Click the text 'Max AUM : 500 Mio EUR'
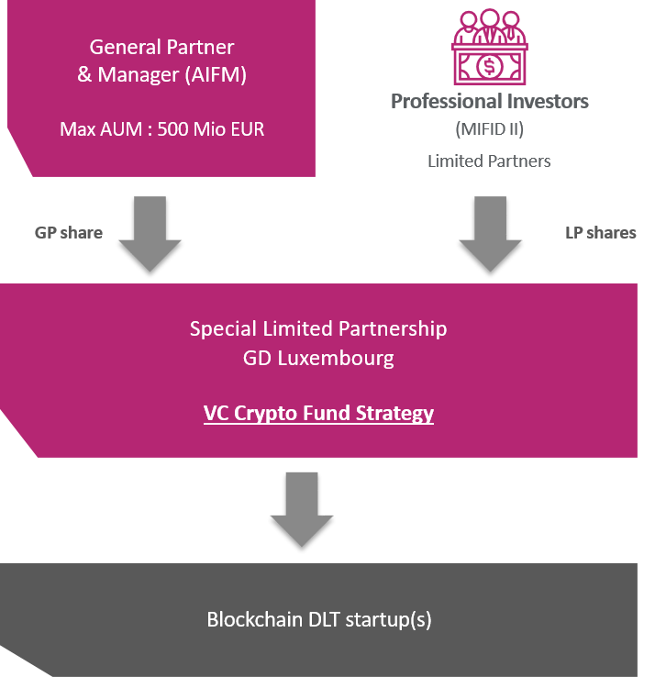(x=161, y=129)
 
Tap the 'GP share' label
(x=69, y=233)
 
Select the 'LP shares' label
(x=601, y=233)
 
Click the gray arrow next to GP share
(x=150, y=234)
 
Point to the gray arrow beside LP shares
(x=491, y=234)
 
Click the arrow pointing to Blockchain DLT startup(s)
(x=302, y=509)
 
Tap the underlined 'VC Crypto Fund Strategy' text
(x=318, y=413)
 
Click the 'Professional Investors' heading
(x=490, y=102)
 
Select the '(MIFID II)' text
(x=490, y=129)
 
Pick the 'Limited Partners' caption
(x=489, y=161)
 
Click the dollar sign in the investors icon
(x=490, y=66)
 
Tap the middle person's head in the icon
(x=490, y=17)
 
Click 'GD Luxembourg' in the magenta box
(x=318, y=359)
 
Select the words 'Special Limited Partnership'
(x=318, y=329)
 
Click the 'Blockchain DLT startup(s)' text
(x=319, y=619)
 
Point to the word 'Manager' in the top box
(x=139, y=74)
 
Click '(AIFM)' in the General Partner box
(x=216, y=74)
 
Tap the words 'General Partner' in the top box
(x=161, y=47)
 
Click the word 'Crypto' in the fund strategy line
(x=266, y=413)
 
